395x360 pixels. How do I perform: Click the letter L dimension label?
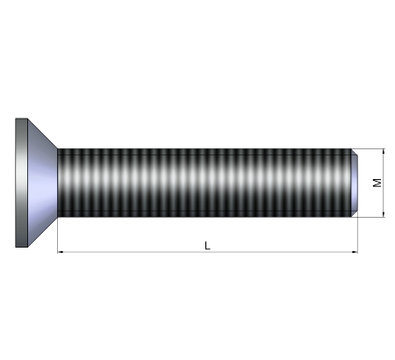(207, 246)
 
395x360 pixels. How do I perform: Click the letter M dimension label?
(377, 183)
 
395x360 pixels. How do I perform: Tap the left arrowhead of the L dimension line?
(61, 252)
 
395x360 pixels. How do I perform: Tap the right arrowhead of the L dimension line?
(355, 252)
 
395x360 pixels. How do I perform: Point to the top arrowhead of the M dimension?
(384, 152)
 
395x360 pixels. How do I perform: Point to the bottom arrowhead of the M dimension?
(384, 214)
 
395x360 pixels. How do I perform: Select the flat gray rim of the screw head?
(21, 183)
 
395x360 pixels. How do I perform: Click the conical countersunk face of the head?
(42, 183)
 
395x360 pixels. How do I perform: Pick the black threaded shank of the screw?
(205, 183)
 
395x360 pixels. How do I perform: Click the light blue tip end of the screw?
(355, 183)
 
